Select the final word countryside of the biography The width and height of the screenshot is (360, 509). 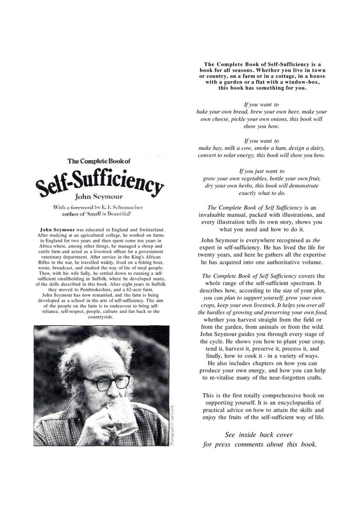[x=101, y=316]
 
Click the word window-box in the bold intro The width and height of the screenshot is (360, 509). [x=300, y=82]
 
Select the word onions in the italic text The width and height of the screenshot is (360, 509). [x=282, y=119]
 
